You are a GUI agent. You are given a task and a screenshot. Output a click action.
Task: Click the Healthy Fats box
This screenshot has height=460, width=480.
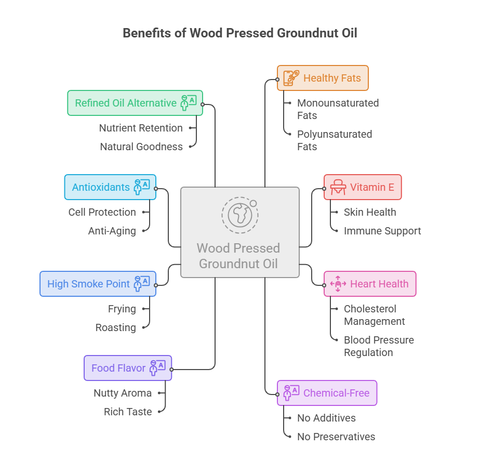(x=323, y=78)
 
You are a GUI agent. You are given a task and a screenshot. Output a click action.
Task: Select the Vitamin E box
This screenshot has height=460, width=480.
(x=363, y=187)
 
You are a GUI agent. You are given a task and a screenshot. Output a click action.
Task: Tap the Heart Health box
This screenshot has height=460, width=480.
(x=370, y=284)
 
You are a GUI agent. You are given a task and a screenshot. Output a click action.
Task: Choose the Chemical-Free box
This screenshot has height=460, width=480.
(x=327, y=393)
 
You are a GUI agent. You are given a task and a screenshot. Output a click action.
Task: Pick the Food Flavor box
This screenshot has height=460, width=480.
(x=128, y=368)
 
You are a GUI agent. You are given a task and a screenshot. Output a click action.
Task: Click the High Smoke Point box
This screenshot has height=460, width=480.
(x=98, y=284)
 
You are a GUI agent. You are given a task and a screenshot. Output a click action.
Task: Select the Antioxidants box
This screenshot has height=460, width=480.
(x=110, y=187)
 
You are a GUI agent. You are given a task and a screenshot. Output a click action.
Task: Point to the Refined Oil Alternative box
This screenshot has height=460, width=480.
(x=135, y=103)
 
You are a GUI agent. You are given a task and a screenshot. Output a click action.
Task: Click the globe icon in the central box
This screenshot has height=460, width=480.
(x=240, y=215)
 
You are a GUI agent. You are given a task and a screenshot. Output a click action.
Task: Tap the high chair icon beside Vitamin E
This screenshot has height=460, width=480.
(x=338, y=187)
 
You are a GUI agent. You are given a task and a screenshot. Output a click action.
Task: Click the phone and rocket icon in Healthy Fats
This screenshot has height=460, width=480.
(x=291, y=78)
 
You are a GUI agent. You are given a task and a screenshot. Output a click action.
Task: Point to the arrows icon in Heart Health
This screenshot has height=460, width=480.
(x=338, y=284)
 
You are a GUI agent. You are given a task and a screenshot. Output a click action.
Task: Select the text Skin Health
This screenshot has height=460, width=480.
(x=370, y=212)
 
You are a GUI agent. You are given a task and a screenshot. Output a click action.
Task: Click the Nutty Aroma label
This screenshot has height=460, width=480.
(x=123, y=393)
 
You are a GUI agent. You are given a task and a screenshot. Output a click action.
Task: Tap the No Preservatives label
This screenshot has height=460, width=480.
(x=336, y=437)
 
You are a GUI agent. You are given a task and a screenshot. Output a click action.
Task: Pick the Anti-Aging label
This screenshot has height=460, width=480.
(x=112, y=231)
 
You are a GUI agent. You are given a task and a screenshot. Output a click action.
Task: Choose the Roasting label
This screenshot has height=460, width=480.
(x=116, y=327)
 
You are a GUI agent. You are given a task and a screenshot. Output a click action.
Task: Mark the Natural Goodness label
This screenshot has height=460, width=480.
(x=141, y=147)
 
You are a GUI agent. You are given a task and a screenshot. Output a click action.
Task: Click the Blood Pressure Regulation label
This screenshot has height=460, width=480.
(x=379, y=346)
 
